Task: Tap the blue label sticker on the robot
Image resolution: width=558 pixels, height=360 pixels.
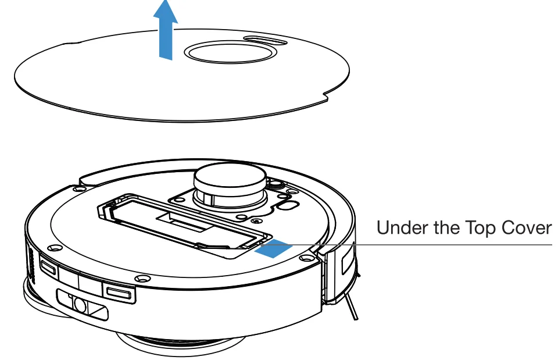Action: pyautogui.click(x=273, y=247)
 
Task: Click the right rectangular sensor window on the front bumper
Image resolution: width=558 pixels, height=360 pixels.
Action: pyautogui.click(x=120, y=290)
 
